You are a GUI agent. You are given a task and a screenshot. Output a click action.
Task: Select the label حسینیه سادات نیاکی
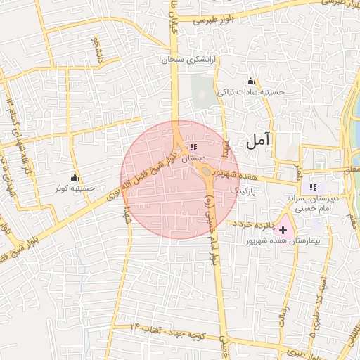point(251,92)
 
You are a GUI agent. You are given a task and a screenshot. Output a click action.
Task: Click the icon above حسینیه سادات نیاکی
point(251,81)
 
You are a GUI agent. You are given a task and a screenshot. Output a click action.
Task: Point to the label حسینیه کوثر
point(76,188)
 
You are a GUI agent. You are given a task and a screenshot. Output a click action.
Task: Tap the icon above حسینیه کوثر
point(75,177)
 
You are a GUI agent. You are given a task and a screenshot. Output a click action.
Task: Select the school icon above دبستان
point(193,148)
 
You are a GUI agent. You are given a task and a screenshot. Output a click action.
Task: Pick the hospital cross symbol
point(283,230)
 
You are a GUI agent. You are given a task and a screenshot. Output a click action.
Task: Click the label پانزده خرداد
point(252,223)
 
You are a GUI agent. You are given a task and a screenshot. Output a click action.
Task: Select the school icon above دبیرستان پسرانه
point(312,187)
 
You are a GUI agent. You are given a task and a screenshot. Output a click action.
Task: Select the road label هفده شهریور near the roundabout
point(238,173)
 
